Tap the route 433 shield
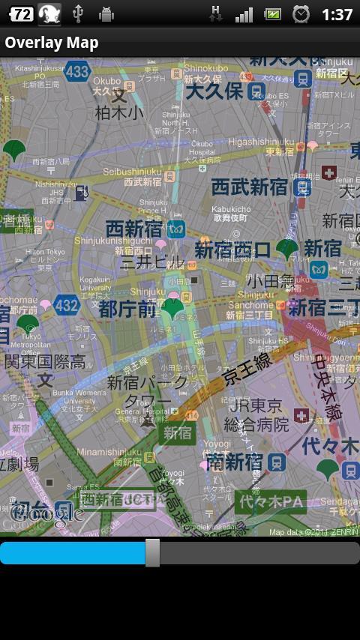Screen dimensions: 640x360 77,72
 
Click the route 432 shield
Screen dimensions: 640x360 67,305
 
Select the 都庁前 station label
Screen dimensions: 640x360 127,308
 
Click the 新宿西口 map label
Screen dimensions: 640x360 232,250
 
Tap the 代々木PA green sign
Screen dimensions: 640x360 271,501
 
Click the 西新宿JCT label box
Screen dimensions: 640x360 118,498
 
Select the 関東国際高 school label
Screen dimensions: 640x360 44,361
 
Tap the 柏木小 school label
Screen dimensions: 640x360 119,112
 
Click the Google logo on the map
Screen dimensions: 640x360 46,513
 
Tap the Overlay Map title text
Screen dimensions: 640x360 52,43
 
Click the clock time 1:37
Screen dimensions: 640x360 337,14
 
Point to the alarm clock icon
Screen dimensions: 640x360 301,13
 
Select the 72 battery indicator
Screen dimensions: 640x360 22,13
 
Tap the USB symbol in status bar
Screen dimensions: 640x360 77,13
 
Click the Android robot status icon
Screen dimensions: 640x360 106,13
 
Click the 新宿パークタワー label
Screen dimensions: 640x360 147,390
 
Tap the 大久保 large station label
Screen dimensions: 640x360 214,91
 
